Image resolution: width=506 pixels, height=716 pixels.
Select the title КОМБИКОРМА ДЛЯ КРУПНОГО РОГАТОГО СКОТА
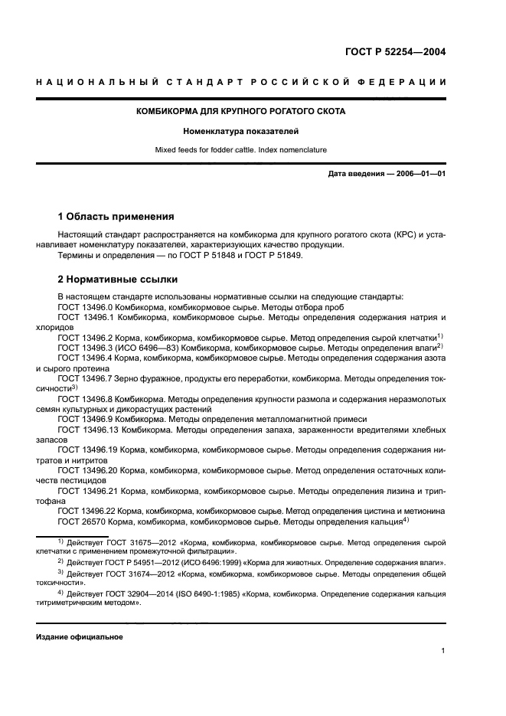240,111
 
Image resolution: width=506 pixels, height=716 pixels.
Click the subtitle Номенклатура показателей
240,132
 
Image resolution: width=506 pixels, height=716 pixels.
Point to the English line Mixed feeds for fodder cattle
240,152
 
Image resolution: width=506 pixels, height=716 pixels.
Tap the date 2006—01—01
419,174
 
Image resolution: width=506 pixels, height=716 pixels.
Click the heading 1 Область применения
116,217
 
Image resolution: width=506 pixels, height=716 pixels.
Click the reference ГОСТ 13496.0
86,306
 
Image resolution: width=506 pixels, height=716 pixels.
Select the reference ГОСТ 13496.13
88,430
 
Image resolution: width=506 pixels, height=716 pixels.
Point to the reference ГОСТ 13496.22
88,510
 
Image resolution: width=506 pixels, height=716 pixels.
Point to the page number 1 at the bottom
443,651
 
